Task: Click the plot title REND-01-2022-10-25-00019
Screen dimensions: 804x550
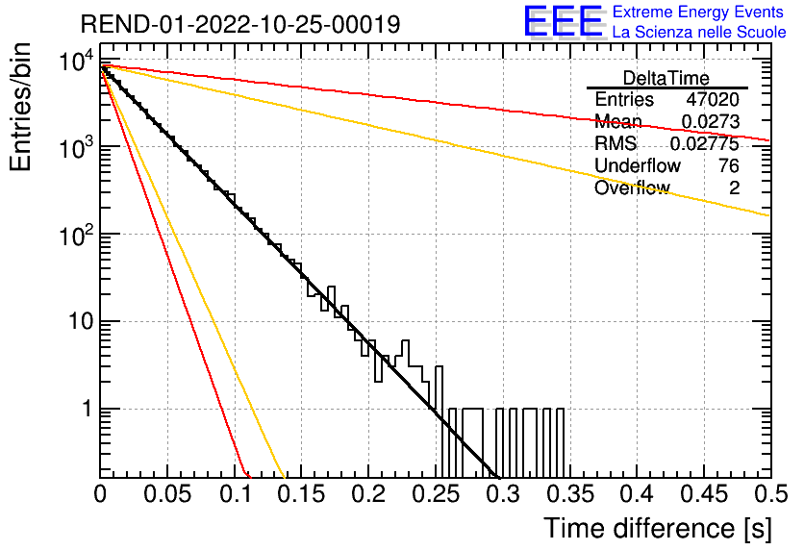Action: coord(240,24)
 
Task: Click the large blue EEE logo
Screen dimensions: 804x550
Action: coord(564,21)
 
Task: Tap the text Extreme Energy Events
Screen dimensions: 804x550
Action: coord(698,12)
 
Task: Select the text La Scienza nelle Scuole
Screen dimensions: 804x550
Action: coord(699,33)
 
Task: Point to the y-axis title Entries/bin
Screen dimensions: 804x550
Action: coord(20,107)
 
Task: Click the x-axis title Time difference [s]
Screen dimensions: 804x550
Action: coord(658,529)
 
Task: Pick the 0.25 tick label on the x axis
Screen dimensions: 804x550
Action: coord(437,494)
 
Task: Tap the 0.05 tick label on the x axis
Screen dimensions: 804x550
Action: coord(167,494)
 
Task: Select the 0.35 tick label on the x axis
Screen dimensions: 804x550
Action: coord(570,494)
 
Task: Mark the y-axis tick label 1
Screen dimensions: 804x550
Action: coord(87,410)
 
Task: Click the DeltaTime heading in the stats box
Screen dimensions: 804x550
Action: coord(666,78)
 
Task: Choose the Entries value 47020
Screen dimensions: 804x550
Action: coord(713,99)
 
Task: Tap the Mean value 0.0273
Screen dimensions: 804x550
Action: coord(711,122)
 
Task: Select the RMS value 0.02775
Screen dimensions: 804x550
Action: coord(705,144)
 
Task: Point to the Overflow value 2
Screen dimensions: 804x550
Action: coord(734,188)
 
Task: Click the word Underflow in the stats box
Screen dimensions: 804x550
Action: coord(638,165)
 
